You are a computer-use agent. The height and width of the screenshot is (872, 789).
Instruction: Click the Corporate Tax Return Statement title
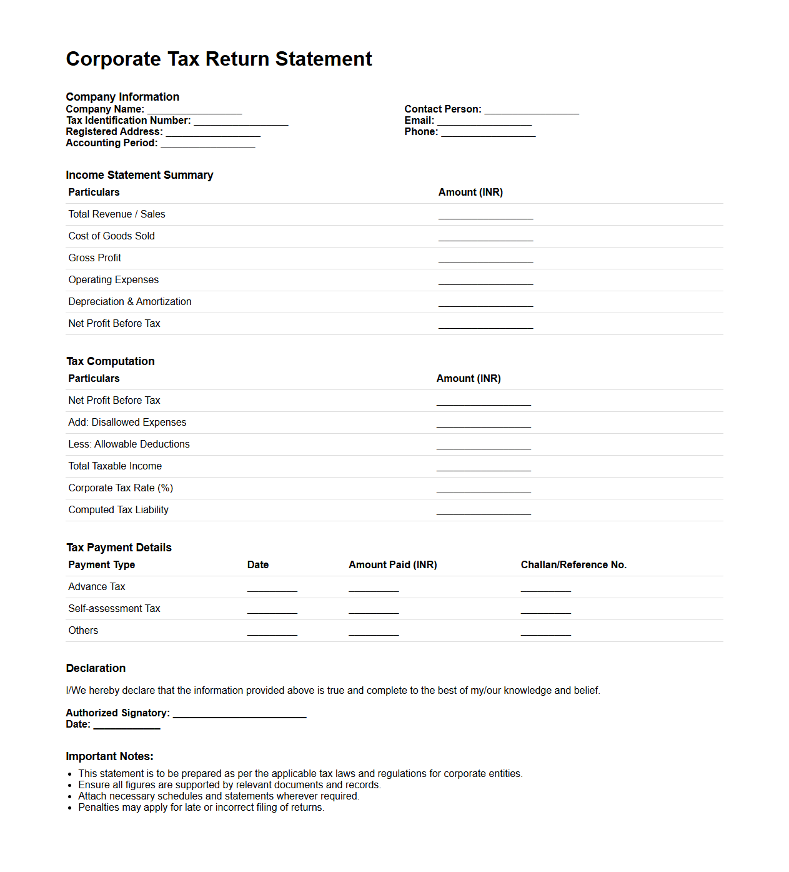click(219, 59)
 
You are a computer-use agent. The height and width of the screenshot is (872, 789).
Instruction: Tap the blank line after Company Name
click(194, 111)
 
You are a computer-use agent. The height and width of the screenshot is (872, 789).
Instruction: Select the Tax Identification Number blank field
click(241, 122)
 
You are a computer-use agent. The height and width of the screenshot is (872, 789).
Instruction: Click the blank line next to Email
click(484, 122)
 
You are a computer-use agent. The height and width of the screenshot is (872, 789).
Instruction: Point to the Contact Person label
click(442, 109)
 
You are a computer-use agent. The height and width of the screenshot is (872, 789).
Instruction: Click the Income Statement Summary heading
click(139, 175)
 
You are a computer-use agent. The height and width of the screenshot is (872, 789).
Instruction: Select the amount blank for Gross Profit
click(485, 259)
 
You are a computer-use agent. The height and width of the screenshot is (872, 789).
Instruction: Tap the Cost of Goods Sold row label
click(111, 236)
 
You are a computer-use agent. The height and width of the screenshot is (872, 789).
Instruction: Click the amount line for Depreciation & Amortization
click(485, 303)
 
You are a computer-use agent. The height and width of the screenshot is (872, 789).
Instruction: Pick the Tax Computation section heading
click(111, 361)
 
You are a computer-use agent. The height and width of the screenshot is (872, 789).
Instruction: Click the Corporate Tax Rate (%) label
click(121, 488)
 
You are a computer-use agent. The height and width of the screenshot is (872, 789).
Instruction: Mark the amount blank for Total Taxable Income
click(484, 468)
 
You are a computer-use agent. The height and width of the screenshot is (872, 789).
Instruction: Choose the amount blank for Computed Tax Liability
click(484, 511)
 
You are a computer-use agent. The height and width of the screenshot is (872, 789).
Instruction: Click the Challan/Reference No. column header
click(573, 565)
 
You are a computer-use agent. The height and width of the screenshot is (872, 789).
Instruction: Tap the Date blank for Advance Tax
click(272, 588)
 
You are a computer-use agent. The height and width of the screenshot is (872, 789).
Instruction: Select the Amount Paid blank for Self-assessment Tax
click(374, 610)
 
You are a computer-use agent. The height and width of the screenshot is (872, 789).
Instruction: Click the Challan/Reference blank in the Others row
click(545, 632)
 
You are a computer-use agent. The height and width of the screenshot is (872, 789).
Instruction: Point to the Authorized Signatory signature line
click(239, 714)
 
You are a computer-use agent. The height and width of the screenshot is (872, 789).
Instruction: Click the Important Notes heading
click(109, 756)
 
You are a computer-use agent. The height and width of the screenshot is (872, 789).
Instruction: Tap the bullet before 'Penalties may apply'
click(71, 808)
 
